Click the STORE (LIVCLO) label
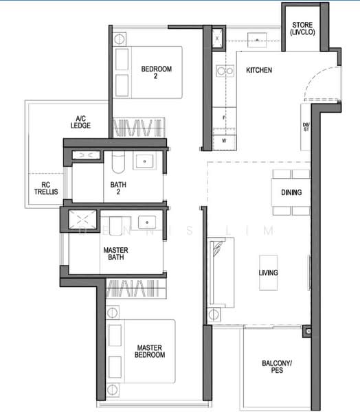click(302, 29)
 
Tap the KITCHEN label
click(259, 70)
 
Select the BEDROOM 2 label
click(157, 72)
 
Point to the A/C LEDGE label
click(80, 122)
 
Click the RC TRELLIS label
click(46, 188)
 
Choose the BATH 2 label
click(118, 188)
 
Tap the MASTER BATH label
click(115, 253)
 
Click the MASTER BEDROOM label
click(150, 352)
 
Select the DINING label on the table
click(291, 192)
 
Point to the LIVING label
click(268, 273)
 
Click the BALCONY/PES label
click(277, 367)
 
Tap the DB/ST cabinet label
click(306, 127)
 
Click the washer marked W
click(224, 139)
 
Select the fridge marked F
click(224, 117)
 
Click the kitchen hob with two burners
click(225, 71)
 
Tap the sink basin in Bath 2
click(144, 161)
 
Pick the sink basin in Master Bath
click(147, 222)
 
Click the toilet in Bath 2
click(118, 162)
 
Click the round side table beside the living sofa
click(214, 314)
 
